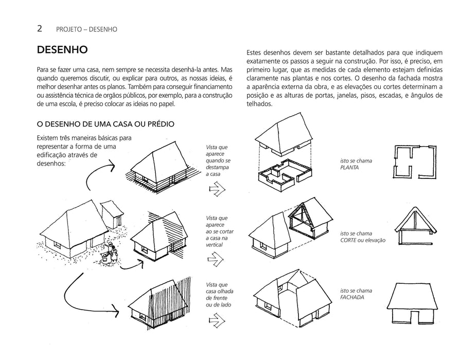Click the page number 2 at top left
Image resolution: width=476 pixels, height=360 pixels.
pyautogui.click(x=39, y=28)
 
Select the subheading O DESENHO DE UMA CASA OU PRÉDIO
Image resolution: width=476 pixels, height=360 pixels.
pyautogui.click(x=105, y=124)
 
